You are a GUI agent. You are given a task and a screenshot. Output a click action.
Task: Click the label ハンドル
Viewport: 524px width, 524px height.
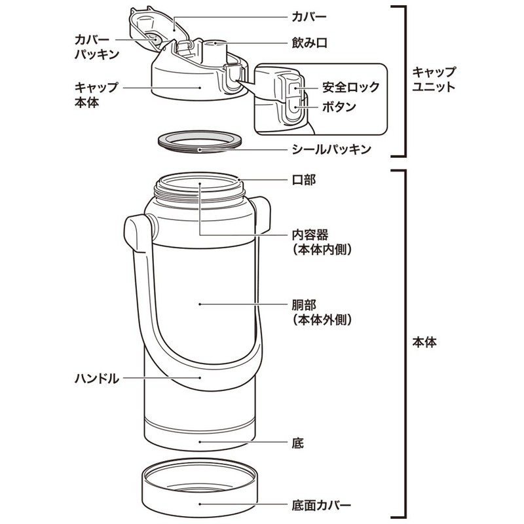pos(97,378)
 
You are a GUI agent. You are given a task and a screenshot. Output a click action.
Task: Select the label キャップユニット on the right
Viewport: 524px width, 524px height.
pos(434,79)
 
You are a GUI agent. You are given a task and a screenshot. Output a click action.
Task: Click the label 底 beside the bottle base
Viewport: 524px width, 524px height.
pos(299,443)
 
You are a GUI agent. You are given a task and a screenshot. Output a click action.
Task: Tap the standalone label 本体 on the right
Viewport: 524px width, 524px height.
pos(425,342)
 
